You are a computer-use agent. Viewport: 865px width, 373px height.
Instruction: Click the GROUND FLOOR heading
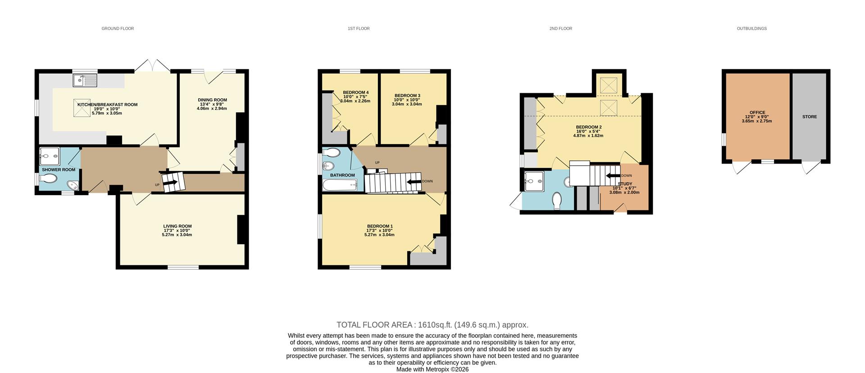[118, 28]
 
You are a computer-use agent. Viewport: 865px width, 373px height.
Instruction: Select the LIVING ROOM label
[177, 226]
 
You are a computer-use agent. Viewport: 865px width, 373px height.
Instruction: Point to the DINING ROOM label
[212, 100]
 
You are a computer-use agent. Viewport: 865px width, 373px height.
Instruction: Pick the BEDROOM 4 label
[355, 92]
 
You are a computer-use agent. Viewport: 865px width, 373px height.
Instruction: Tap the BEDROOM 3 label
[407, 96]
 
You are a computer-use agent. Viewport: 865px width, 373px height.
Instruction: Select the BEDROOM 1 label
[380, 226]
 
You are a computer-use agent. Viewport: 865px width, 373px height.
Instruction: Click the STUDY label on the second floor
[625, 184]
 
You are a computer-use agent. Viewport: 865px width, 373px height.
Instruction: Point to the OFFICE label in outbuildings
[757, 113]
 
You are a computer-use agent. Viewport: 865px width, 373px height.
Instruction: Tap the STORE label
[809, 117]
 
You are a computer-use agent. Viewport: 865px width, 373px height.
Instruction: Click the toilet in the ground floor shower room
[48, 179]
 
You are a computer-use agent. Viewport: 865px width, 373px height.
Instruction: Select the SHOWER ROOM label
[59, 170]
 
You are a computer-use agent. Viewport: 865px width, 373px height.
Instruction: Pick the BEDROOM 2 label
[588, 127]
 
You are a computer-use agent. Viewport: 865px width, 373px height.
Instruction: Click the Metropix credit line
[432, 369]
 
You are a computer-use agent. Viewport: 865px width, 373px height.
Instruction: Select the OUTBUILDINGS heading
[751, 28]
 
